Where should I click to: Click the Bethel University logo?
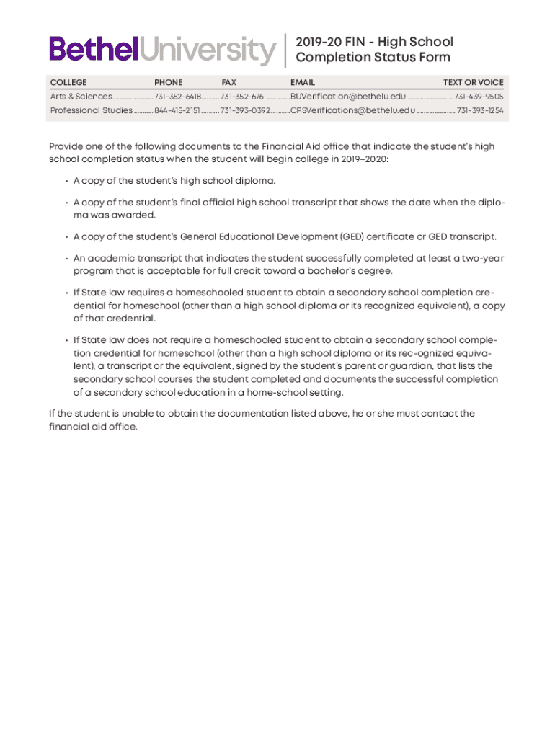161,50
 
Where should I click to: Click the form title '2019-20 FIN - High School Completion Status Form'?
374,50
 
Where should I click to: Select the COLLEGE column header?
68,82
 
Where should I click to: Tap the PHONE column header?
169,82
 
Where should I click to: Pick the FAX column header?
228,82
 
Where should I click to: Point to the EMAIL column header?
303,82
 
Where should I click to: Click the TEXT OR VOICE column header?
473,82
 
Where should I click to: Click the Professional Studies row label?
91,110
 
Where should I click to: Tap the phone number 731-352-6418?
177,97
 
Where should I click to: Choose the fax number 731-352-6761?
244,97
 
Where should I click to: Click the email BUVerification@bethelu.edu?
348,97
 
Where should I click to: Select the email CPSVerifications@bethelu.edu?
353,110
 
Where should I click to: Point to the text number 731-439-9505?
479,97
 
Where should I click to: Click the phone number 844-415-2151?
177,110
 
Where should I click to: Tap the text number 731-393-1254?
480,110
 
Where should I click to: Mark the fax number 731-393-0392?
245,110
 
